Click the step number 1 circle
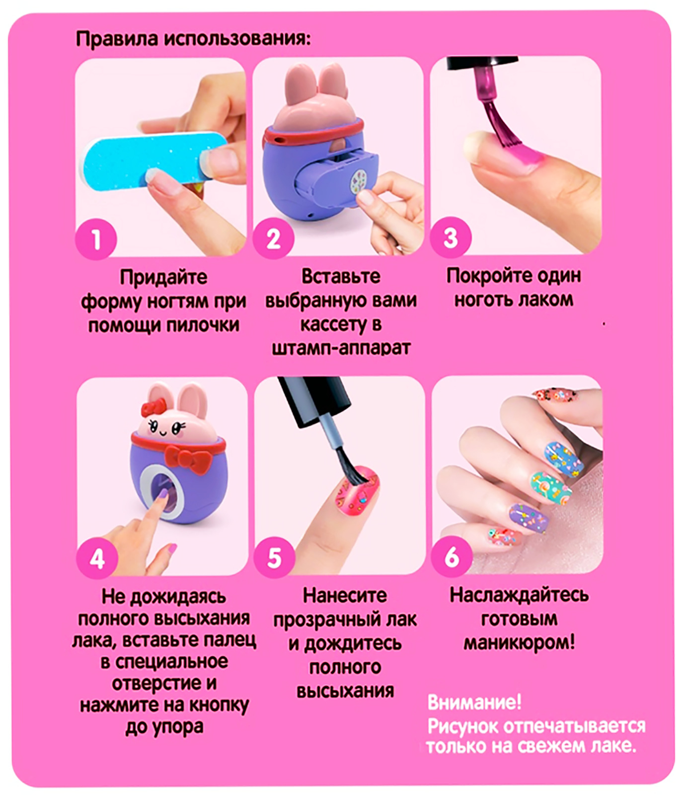pyautogui.click(x=96, y=238)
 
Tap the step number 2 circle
pyautogui.click(x=273, y=238)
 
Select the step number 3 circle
pyautogui.click(x=451, y=238)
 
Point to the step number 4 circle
pyautogui.click(x=97, y=558)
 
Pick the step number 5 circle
pyautogui.click(x=274, y=557)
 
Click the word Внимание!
pyautogui.click(x=474, y=702)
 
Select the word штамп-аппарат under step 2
pyautogui.click(x=341, y=348)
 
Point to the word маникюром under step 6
pyautogui.click(x=519, y=643)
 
